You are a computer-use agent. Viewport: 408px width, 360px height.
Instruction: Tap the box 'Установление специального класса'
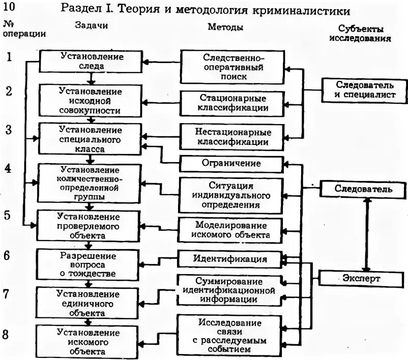90,137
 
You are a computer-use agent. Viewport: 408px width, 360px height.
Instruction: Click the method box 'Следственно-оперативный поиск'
231,67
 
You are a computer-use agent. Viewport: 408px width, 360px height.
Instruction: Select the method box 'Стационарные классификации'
231,102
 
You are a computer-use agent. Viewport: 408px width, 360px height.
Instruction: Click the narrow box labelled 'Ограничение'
231,164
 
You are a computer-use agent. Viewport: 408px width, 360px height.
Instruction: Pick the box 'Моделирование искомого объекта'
231,230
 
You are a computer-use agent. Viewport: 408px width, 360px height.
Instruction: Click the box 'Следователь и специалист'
365,89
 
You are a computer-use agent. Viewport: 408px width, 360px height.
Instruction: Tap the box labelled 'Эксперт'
364,278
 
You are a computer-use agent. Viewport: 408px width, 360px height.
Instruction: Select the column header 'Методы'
225,27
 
